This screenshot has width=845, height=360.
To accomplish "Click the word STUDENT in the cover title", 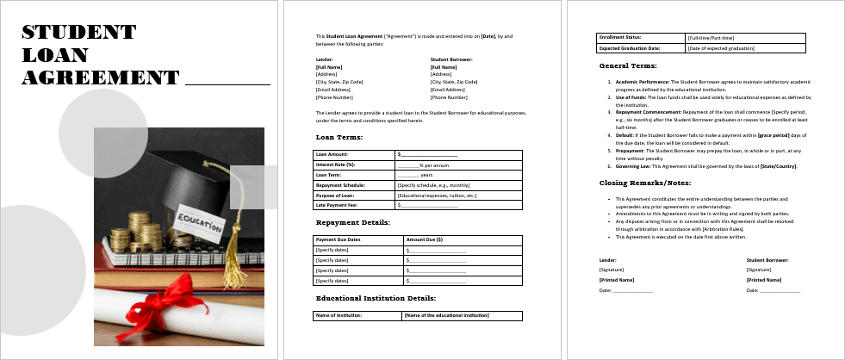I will point(78,33).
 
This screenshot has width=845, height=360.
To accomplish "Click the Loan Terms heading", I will point(339,137).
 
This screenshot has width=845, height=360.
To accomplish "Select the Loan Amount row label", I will point(332,154).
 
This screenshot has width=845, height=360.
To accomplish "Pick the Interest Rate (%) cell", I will point(335,164).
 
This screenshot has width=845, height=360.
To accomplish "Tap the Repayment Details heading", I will point(353,222).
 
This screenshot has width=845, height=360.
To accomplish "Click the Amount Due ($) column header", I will point(424,239).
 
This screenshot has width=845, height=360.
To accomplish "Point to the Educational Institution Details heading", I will point(376,298).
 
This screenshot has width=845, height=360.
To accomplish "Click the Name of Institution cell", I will point(339,316).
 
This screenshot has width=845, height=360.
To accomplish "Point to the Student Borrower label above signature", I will point(767,259).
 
